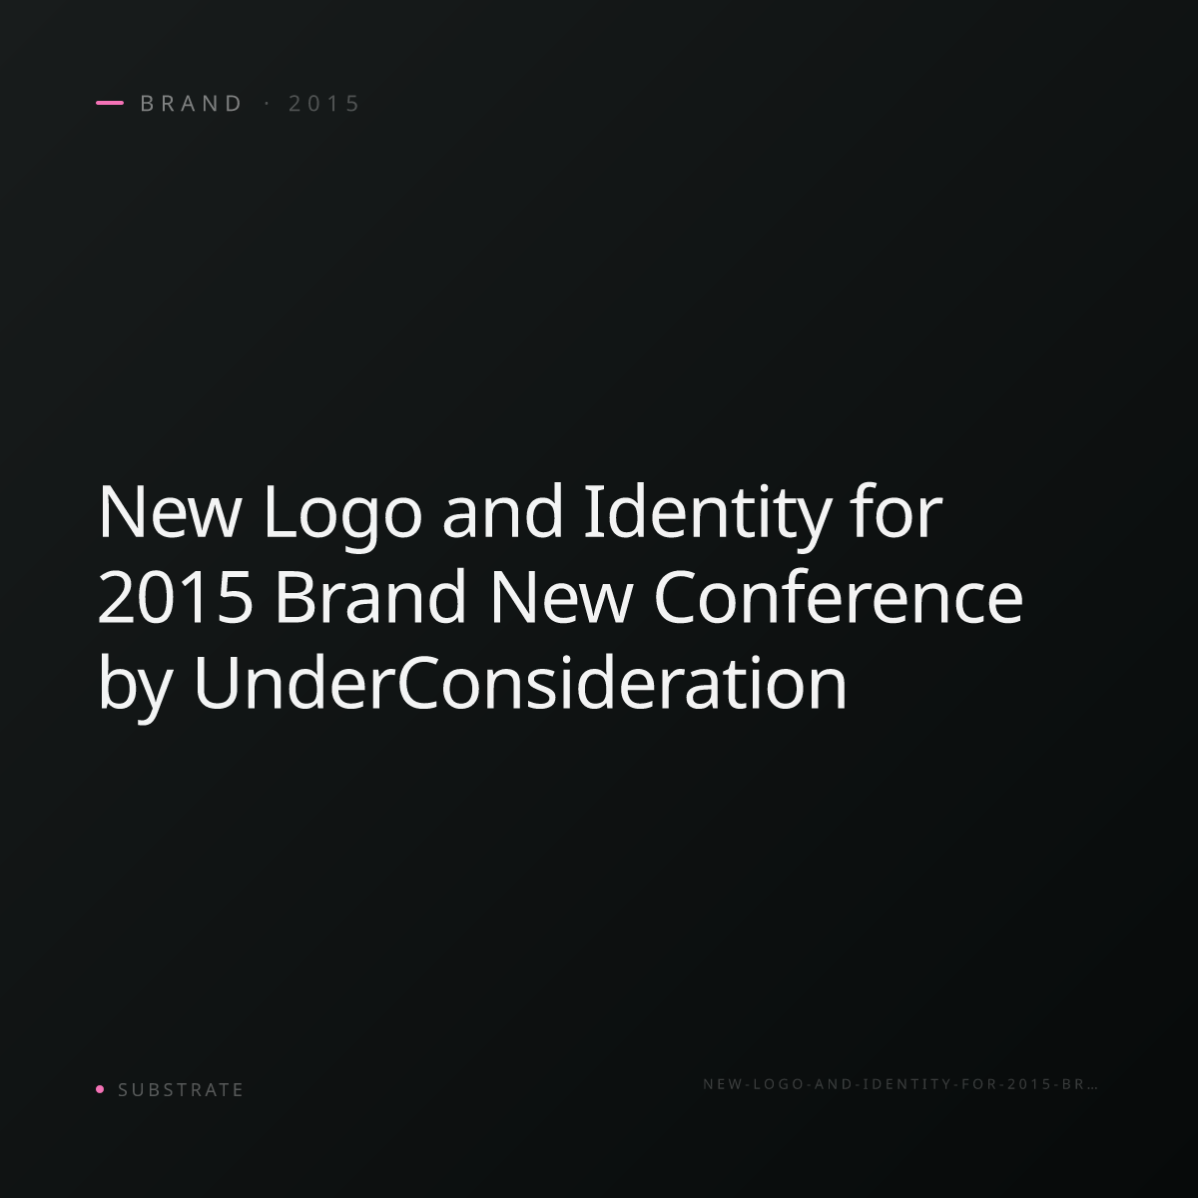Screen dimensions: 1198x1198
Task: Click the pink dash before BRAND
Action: coord(110,103)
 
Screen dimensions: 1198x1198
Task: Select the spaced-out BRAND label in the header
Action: coord(191,103)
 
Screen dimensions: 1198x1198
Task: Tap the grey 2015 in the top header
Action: coord(323,103)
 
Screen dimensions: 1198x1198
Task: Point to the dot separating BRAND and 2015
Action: coord(268,103)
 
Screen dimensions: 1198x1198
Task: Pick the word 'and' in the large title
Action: coord(503,510)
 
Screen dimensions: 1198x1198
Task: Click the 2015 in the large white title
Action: coord(176,597)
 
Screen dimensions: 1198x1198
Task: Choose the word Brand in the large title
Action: coord(370,596)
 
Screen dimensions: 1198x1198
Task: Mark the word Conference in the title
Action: coord(838,596)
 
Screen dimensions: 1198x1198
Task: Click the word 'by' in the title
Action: coord(135,686)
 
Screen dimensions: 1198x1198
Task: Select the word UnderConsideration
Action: coord(520,682)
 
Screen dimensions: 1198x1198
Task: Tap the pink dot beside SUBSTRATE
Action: coord(100,1089)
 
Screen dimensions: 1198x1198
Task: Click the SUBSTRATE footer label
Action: coord(181,1090)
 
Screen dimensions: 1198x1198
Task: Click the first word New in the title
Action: coord(169,511)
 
